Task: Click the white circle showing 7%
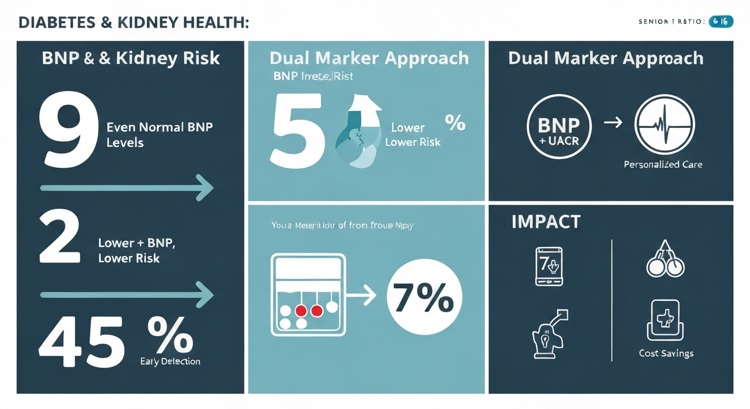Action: [x=424, y=299]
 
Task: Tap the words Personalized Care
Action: [x=663, y=165]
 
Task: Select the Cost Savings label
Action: [x=666, y=354]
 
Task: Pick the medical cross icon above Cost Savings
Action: [x=665, y=320]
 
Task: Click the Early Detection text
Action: [x=170, y=362]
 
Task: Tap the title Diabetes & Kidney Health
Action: [x=133, y=23]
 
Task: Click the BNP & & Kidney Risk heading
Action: [x=131, y=58]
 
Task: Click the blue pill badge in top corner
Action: [x=721, y=22]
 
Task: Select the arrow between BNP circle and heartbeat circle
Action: [x=613, y=123]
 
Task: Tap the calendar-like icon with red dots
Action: [x=308, y=295]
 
